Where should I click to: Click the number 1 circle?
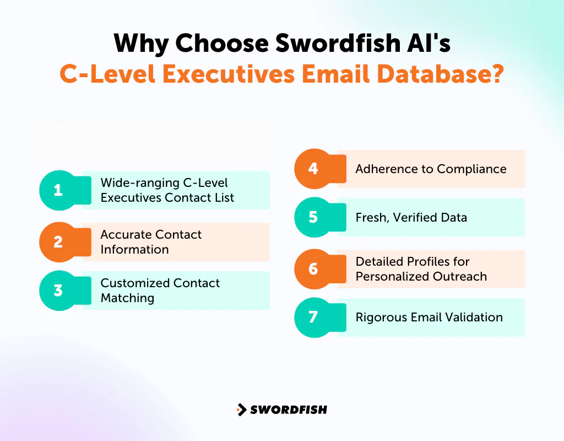tap(58, 191)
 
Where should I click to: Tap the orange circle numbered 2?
tap(58, 242)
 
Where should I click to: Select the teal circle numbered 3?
tap(58, 291)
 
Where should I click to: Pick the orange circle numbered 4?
tap(313, 169)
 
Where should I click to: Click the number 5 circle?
tap(313, 217)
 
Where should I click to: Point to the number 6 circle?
tap(313, 269)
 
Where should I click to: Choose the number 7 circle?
tap(313, 318)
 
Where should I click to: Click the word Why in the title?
tap(139, 44)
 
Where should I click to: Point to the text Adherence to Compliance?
tap(431, 169)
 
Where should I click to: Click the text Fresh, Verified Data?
tap(411, 218)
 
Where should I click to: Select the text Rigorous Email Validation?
tap(429, 318)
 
